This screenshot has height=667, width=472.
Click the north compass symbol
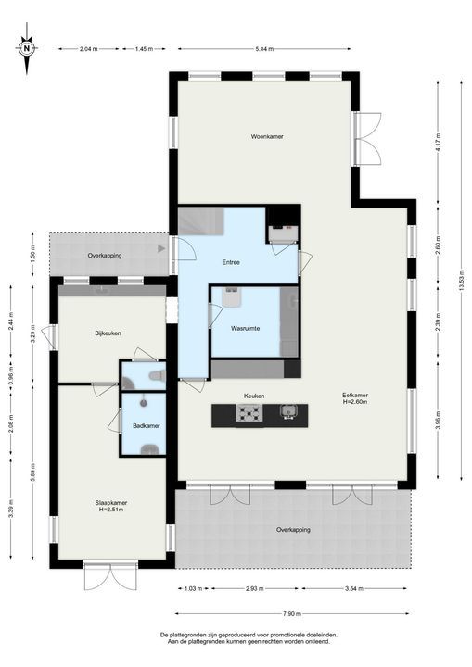coord(27,48)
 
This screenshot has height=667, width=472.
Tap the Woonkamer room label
coord(267,136)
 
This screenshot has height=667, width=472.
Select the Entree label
coord(231,262)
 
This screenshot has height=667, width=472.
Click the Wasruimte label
coord(246,328)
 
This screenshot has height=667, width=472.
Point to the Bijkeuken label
coord(108,333)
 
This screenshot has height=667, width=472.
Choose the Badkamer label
coord(147,425)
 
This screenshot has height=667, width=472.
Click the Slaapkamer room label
coord(111,503)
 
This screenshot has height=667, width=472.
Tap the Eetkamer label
coord(355,396)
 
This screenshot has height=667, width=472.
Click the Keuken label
coord(254,396)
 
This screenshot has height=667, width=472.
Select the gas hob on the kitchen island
coord(249,412)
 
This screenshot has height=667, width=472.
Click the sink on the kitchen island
coord(287,411)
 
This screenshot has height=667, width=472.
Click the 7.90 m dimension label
coord(292,613)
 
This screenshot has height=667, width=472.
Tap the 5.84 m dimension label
coord(264,49)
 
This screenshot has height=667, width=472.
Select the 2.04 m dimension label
coord(89,49)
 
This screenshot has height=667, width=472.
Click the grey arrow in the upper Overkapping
coord(161,248)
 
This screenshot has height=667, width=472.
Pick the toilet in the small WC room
coord(157,376)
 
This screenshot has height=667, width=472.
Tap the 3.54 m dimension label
coord(354,589)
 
